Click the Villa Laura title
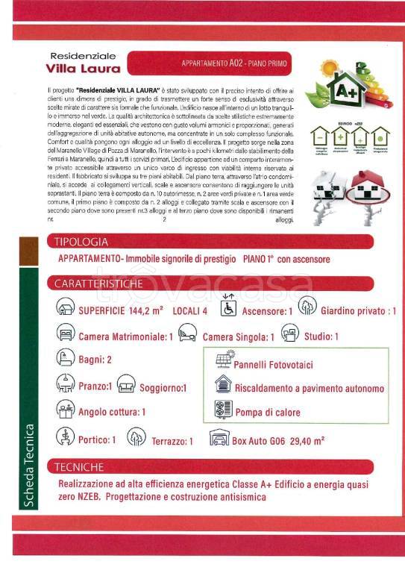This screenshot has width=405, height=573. pyautogui.click(x=84, y=69)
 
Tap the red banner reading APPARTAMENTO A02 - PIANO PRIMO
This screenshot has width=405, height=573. pyautogui.click(x=223, y=63)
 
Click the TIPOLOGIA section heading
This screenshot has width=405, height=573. pyautogui.click(x=82, y=242)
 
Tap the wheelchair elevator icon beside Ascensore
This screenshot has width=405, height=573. pyautogui.click(x=228, y=307)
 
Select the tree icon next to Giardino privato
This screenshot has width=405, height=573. pyautogui.click(x=307, y=307)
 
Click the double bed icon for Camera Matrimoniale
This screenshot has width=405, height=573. pyautogui.click(x=65, y=334)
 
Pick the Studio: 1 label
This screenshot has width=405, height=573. pyautogui.click(x=321, y=336)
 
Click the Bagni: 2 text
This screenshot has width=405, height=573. pyautogui.click(x=95, y=360)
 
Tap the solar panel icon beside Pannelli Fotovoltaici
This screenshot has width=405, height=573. pyautogui.click(x=223, y=363)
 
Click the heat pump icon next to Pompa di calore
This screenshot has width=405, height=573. pyautogui.click(x=223, y=410)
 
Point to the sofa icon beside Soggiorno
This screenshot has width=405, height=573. pyautogui.click(x=126, y=386)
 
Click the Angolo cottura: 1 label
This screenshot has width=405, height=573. pyautogui.click(x=112, y=412)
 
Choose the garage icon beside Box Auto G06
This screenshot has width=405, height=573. pyautogui.click(x=219, y=438)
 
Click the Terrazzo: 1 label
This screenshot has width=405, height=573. pyautogui.click(x=172, y=441)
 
